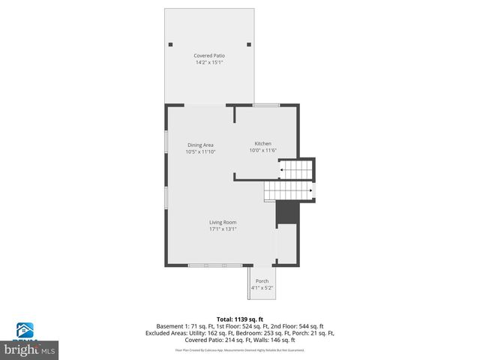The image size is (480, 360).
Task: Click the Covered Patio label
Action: click(x=209, y=55)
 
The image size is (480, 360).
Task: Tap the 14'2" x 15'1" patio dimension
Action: click(x=209, y=62)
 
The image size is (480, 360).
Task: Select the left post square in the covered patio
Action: click(x=172, y=43)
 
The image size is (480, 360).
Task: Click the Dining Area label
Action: click(x=200, y=145)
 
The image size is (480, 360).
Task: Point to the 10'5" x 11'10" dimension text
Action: click(x=200, y=151)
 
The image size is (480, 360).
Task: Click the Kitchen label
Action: click(x=262, y=143)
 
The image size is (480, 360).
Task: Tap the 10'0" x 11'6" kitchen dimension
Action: click(x=262, y=150)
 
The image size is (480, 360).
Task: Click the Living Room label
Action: click(x=223, y=222)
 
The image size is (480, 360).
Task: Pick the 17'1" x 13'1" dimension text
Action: click(x=223, y=229)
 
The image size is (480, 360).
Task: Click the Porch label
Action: click(x=262, y=281)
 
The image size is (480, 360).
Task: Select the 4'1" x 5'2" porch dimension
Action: click(x=262, y=288)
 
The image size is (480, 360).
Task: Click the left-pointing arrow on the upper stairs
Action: click(x=282, y=170)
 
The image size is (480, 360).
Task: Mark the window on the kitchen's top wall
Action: click(x=266, y=105)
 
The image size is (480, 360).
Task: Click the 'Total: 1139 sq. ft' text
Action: click(x=239, y=319)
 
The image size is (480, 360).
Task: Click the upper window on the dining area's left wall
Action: click(x=166, y=142)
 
